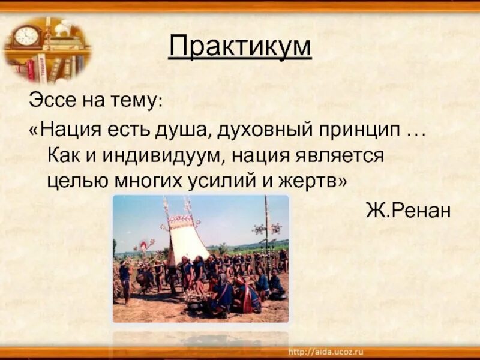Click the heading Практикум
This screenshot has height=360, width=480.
pos(240,47)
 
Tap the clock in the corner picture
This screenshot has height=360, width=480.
pos(26,37)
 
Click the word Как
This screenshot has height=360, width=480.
pos(61,155)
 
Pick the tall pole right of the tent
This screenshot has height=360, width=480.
pos(266,228)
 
